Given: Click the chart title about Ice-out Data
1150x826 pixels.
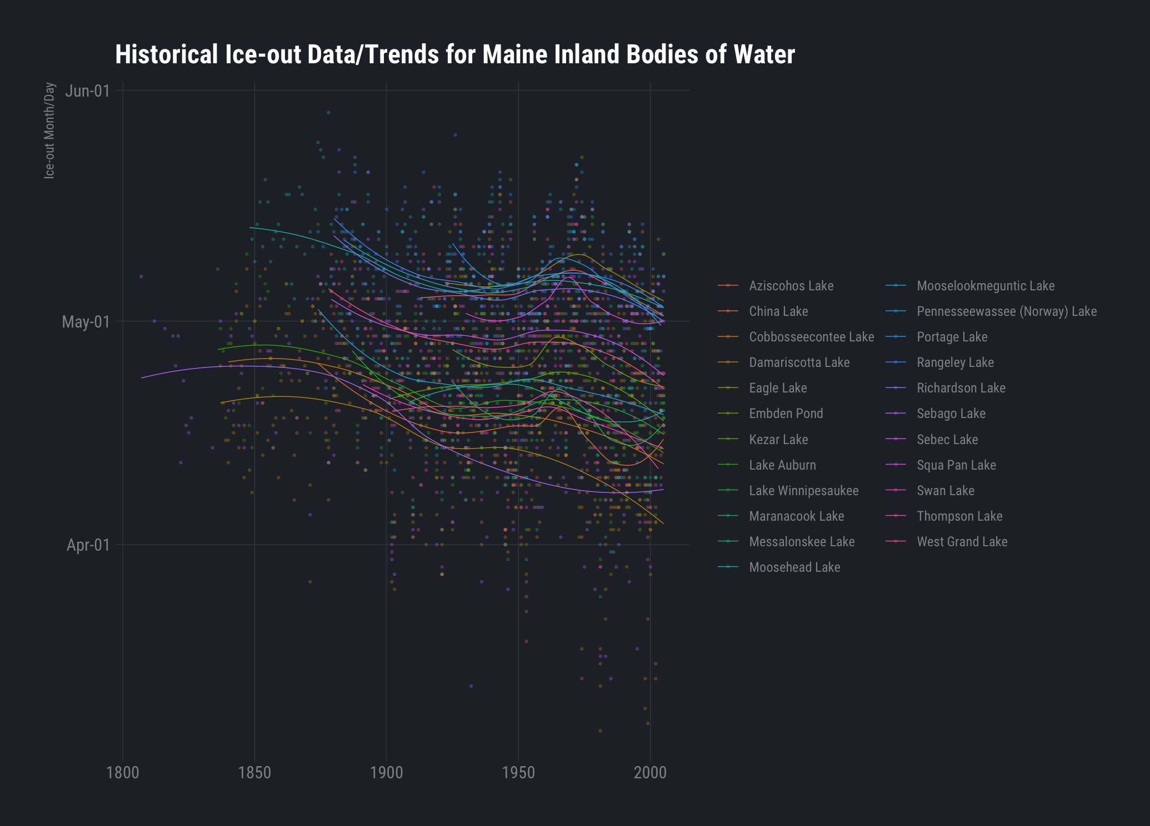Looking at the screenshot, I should point(454,55).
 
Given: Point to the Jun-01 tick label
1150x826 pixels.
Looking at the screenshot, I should point(87,90).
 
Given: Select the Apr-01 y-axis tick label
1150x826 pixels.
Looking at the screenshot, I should point(88,545).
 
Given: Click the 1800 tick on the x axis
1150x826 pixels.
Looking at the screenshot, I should point(122,773).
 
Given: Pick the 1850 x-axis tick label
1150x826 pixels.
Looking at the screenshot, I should point(254,773).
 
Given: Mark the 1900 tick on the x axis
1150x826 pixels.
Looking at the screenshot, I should point(386,773).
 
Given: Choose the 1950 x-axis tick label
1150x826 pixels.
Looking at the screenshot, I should point(518,773).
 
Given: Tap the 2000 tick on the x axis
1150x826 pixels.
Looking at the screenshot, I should point(650,773).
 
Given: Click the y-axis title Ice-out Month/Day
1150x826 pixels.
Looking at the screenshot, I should point(50,130).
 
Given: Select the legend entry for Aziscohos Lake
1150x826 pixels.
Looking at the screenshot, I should point(791,286).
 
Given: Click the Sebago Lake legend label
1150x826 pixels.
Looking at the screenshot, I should point(951,414).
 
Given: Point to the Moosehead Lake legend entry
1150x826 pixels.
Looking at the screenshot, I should point(794,567).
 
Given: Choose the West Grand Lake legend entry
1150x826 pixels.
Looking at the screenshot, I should point(962,542).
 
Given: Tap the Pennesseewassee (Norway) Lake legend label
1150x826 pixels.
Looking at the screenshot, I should point(1006,311).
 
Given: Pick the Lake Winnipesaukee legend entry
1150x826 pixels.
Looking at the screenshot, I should point(803,491).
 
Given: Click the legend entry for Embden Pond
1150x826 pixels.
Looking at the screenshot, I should point(786,414).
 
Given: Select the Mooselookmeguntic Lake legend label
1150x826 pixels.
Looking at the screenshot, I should point(985,286).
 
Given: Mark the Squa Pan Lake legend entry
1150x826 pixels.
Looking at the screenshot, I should point(956,465).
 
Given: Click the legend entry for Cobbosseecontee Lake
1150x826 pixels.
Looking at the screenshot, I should point(811,337).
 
